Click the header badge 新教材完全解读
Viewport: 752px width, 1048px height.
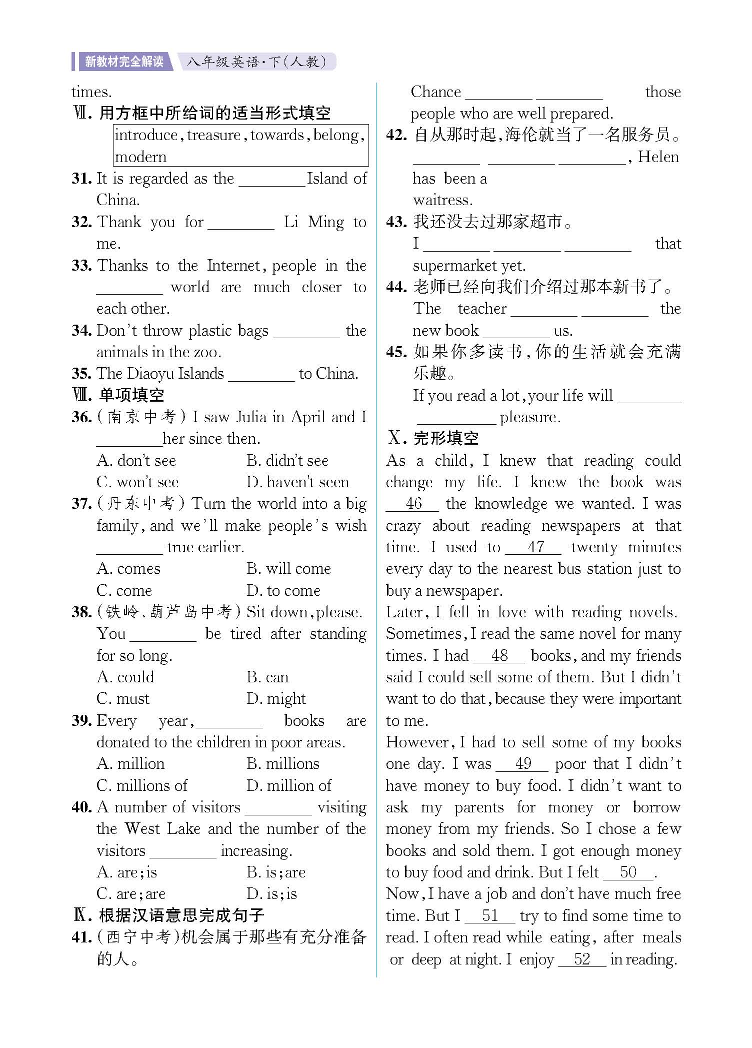coord(123,62)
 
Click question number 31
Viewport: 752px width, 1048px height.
coord(81,179)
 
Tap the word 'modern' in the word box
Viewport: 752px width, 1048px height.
coord(140,157)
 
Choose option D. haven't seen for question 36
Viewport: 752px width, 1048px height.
coord(298,482)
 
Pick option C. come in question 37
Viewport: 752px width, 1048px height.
coord(124,591)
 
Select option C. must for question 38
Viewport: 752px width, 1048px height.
coord(123,699)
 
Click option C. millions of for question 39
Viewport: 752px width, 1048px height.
coord(142,786)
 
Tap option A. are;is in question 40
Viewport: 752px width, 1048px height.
coord(127,872)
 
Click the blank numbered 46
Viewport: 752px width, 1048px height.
coord(413,504)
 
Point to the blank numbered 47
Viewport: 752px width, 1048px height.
coord(534,547)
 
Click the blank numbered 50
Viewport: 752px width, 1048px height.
coord(628,872)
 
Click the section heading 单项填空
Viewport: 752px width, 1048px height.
coord(131,395)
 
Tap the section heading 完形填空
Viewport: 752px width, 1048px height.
coord(445,438)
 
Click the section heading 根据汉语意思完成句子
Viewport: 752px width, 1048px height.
coord(181,915)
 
